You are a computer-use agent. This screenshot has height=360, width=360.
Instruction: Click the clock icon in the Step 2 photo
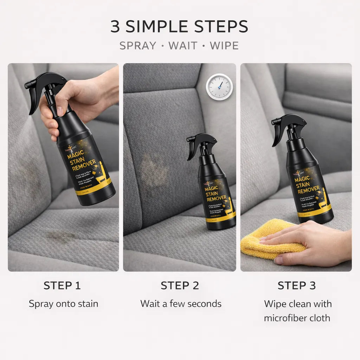click(x=219, y=86)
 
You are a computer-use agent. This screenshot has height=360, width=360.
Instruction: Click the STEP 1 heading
click(x=62, y=286)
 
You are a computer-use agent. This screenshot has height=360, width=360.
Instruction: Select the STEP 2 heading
click(x=180, y=286)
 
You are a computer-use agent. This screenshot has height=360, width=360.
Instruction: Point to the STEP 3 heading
click(x=297, y=286)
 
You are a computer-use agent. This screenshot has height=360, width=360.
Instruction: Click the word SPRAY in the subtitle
click(x=137, y=46)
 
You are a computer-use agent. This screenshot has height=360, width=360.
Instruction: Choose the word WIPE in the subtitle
click(x=224, y=46)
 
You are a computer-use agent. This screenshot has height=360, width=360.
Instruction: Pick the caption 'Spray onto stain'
click(x=63, y=304)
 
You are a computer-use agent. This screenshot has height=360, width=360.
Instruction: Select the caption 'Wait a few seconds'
click(x=181, y=304)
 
